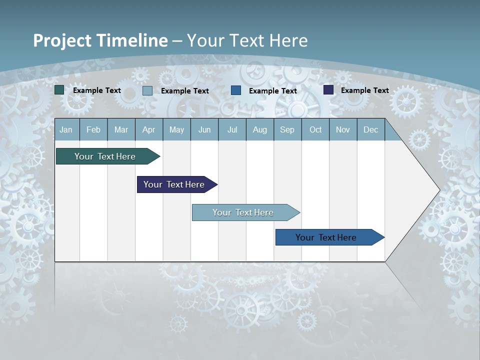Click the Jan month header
click(x=66, y=129)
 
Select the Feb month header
click(x=93, y=129)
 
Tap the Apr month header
click(x=149, y=129)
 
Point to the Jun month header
click(x=204, y=129)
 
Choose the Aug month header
click(x=260, y=129)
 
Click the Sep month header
click(x=287, y=129)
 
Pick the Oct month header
click(x=315, y=129)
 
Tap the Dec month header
click(x=371, y=129)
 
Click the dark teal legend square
click(x=59, y=90)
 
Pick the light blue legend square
click(x=147, y=90)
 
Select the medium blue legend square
click(x=236, y=90)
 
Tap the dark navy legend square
click(x=328, y=90)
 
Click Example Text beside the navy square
click(x=364, y=90)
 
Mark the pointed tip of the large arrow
click(x=439, y=190)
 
